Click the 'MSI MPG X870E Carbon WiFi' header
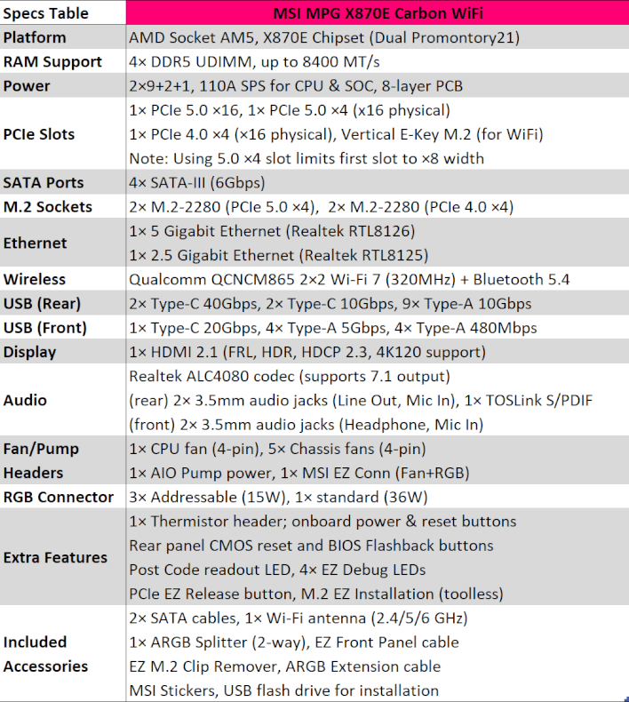click(377, 13)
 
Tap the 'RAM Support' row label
click(52, 62)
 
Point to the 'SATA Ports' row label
click(44, 182)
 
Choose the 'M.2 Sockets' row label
click(47, 207)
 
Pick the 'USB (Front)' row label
click(45, 328)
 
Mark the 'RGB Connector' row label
click(59, 497)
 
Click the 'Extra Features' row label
click(55, 557)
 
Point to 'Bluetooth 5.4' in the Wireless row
click(523, 280)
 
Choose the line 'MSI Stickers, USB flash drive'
click(283, 690)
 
